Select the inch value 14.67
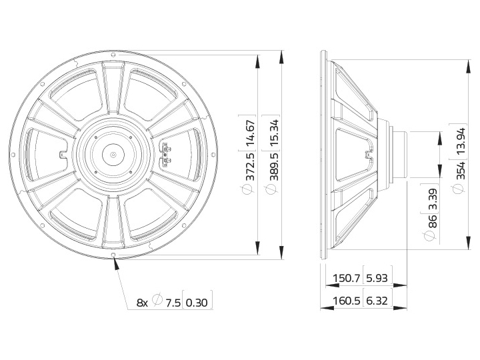pyautogui.click(x=251, y=133)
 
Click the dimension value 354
pyautogui.click(x=461, y=170)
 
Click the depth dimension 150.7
pyautogui.click(x=346, y=278)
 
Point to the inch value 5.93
pyautogui.click(x=377, y=278)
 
